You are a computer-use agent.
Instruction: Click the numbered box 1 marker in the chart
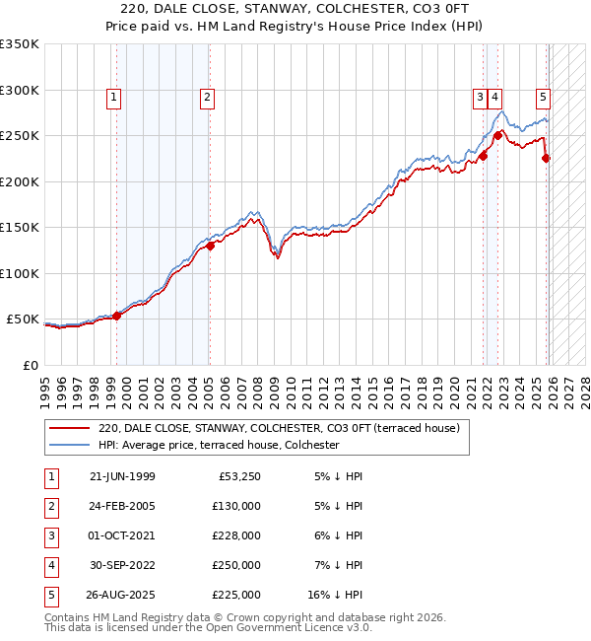[x=115, y=97]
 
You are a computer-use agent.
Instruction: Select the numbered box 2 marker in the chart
[x=208, y=97]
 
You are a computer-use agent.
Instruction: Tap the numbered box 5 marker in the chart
[x=544, y=97]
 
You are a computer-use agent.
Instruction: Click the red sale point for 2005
[x=211, y=247]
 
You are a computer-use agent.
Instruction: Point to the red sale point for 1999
[x=117, y=316]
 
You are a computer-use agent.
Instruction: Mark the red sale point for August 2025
[x=547, y=159]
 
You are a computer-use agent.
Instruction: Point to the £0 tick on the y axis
[x=30, y=365]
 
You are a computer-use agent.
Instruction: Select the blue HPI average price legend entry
[x=218, y=445]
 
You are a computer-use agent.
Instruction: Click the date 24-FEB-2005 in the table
[x=122, y=505]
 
